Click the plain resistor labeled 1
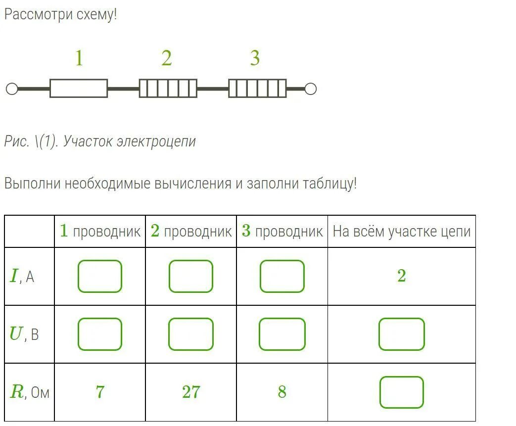(x=79, y=89)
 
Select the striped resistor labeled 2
(x=168, y=89)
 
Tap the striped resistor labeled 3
(x=257, y=89)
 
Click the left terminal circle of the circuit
(x=11, y=89)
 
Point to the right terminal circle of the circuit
(x=310, y=89)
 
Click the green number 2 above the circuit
(x=166, y=59)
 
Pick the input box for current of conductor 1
(x=99, y=276)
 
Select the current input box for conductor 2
(x=190, y=276)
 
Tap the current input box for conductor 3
(x=282, y=276)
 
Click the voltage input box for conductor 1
(x=99, y=334)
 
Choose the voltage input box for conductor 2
(x=190, y=334)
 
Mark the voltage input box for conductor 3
(x=282, y=334)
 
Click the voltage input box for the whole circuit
(x=401, y=334)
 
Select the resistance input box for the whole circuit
(x=401, y=392)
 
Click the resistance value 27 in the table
(x=191, y=392)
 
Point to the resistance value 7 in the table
(x=100, y=392)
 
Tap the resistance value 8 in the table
(x=282, y=392)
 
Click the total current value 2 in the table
(x=401, y=276)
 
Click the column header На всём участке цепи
(x=401, y=231)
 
